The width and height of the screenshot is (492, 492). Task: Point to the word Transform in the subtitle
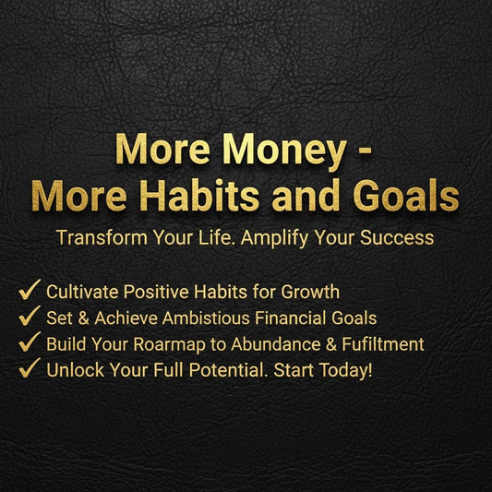point(97,236)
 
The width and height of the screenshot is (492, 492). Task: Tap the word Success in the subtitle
point(399,236)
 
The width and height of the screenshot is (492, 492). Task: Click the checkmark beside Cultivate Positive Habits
point(29,292)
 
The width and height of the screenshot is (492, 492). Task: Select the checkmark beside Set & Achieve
point(29,318)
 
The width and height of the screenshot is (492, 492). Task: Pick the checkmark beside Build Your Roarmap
point(29,343)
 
